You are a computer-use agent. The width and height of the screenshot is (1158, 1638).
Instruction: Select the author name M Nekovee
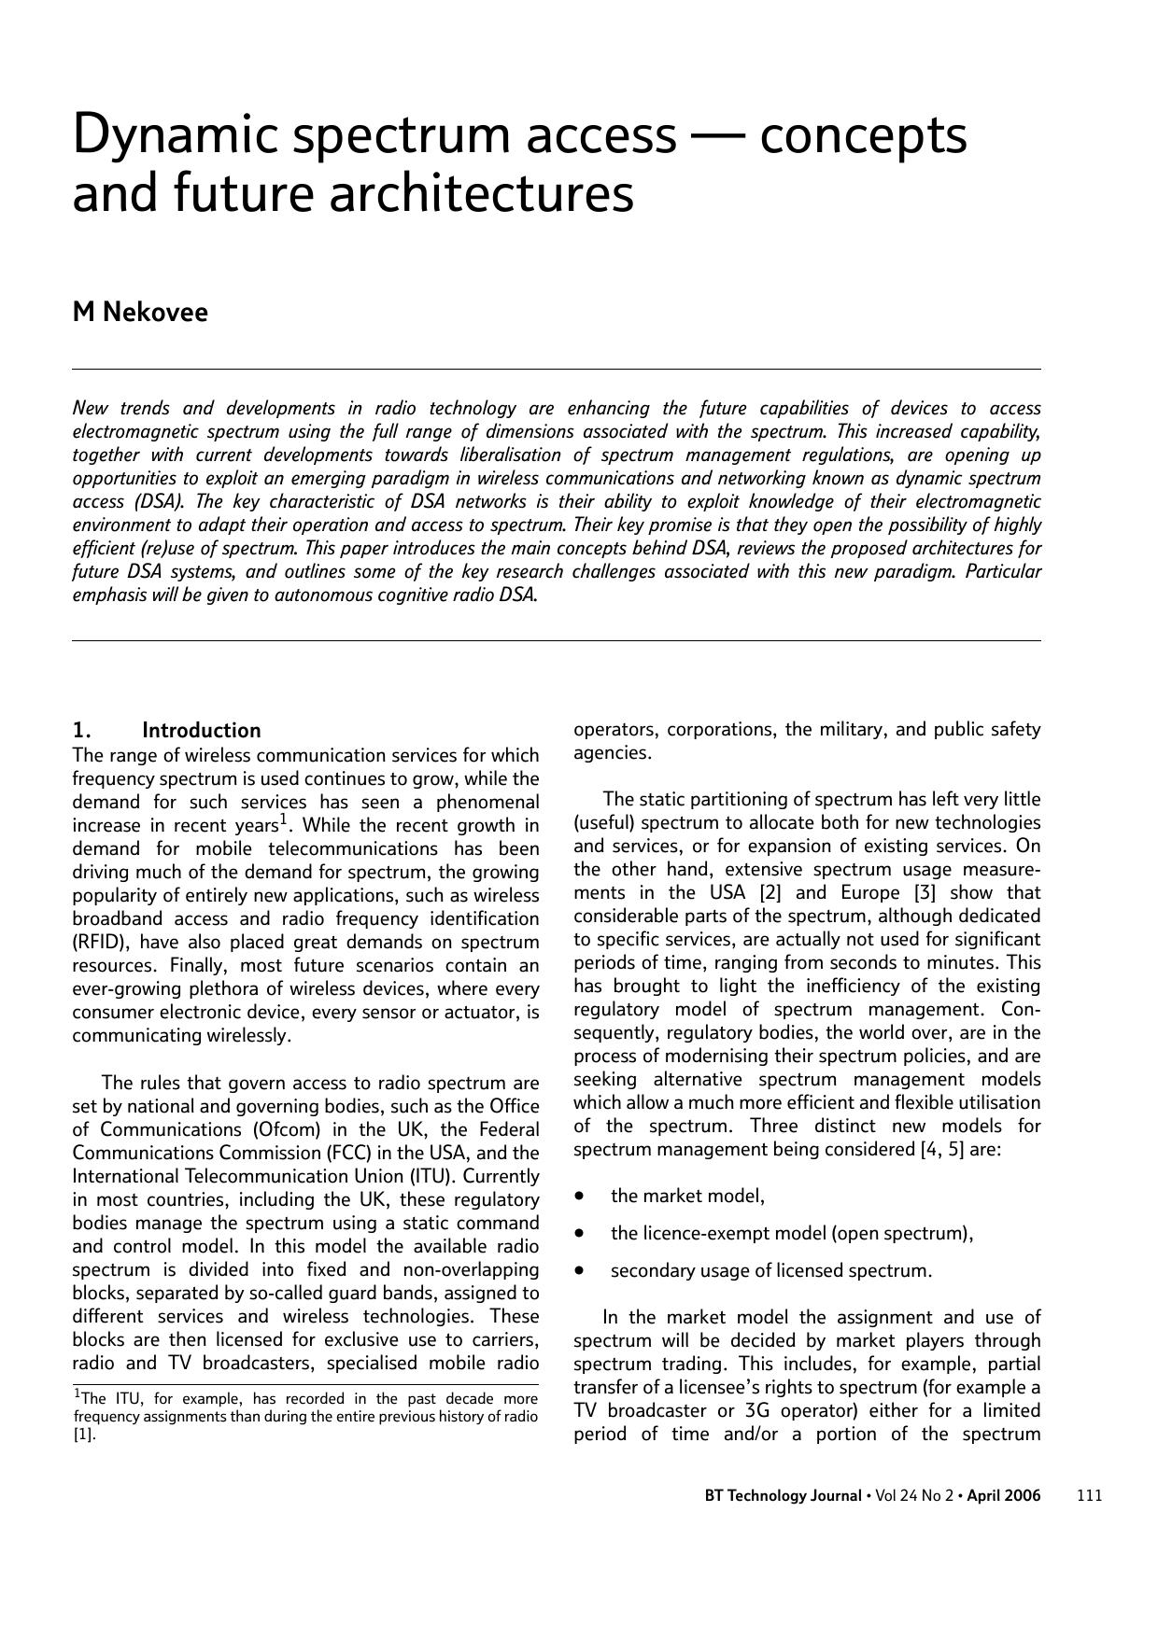point(140,313)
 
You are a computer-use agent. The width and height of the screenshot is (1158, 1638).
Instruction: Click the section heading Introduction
point(201,731)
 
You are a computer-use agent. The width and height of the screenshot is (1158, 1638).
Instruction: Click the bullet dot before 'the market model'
point(581,1196)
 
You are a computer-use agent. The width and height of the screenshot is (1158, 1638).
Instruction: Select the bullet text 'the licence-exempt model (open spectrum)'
point(791,1234)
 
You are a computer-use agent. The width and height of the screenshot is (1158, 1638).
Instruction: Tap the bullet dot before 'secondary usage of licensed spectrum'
point(581,1270)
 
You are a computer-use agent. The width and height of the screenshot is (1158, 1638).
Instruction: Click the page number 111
point(1089,1495)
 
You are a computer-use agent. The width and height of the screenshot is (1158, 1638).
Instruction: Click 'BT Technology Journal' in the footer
point(783,1495)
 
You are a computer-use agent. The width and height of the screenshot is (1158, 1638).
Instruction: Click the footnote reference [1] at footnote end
point(84,1435)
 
